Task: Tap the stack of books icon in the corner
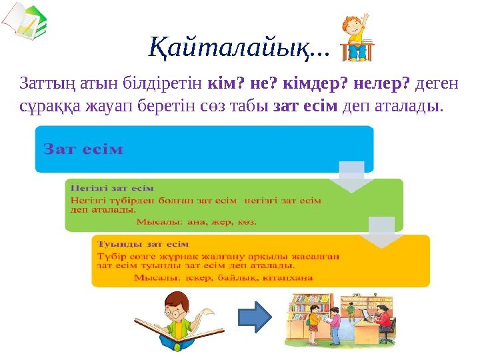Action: point(23,22)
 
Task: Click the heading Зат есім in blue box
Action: point(83,149)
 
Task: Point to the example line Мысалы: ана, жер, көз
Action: point(197,220)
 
